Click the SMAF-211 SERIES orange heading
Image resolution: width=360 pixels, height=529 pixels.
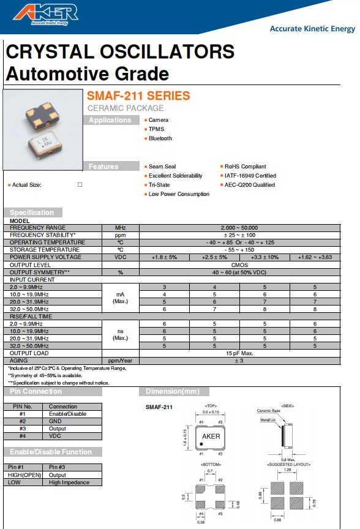(x=138, y=96)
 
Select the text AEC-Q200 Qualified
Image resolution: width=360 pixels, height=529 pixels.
(x=249, y=185)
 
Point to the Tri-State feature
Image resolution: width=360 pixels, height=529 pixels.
(x=159, y=185)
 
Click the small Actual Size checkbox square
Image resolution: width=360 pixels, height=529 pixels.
(x=80, y=184)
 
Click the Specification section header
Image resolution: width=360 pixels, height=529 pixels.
(x=32, y=212)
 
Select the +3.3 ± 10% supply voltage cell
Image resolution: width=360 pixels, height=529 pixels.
(x=264, y=257)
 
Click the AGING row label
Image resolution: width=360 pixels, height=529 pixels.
(x=20, y=361)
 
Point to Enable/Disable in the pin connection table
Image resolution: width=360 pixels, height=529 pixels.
(x=67, y=414)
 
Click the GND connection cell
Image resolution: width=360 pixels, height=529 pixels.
(x=55, y=421)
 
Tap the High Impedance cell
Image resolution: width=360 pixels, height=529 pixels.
(x=69, y=482)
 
